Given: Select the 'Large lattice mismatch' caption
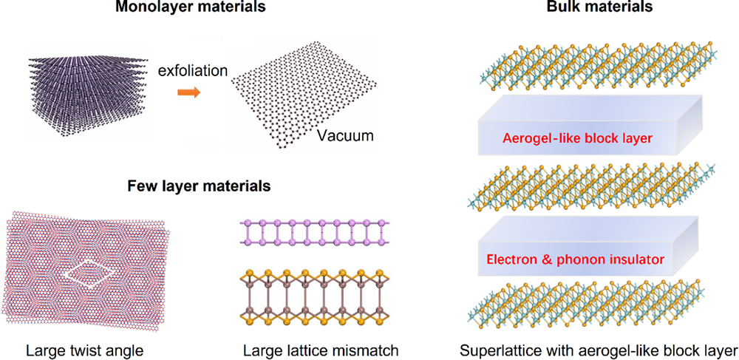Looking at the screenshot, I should point(319,347).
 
